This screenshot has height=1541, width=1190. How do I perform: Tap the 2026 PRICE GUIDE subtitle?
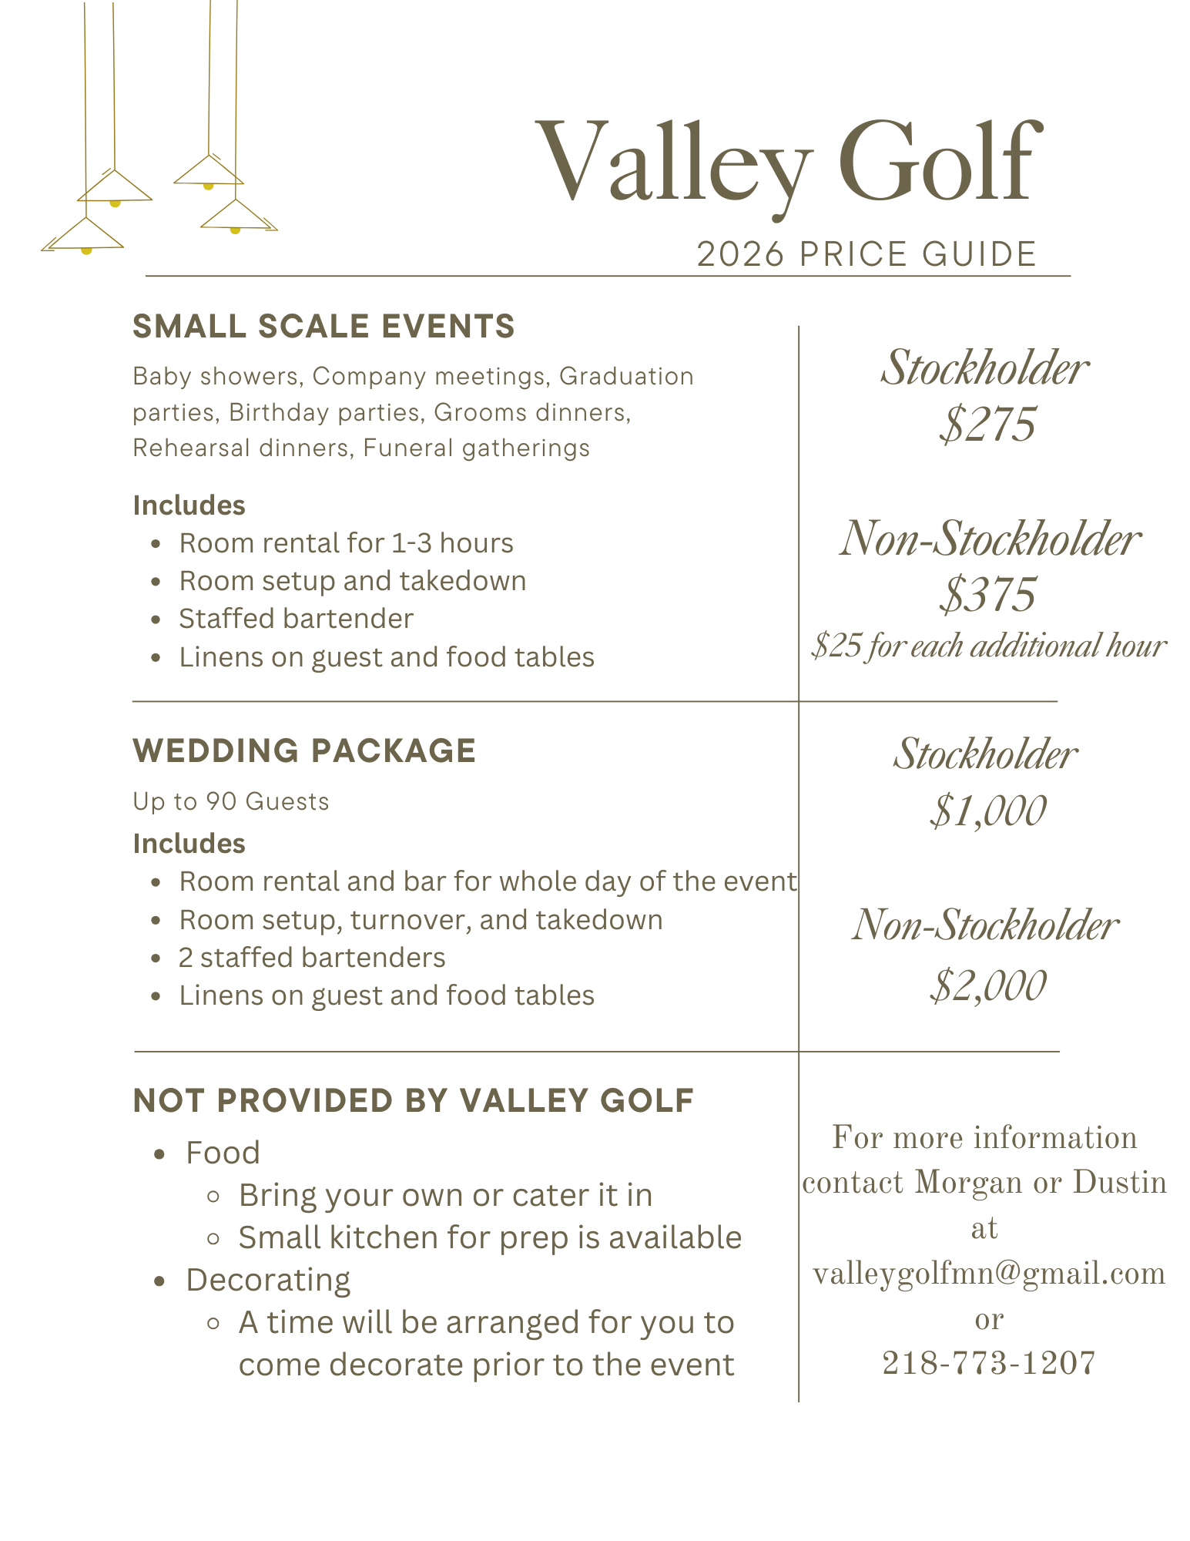(x=867, y=254)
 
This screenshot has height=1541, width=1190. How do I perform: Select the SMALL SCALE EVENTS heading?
(x=323, y=327)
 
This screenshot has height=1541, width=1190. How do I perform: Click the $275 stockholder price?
(x=987, y=425)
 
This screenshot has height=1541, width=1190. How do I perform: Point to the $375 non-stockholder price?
(x=987, y=595)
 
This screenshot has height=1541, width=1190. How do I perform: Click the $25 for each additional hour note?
(x=989, y=646)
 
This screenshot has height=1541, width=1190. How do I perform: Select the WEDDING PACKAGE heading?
(x=304, y=751)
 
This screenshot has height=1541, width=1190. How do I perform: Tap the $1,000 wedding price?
(x=987, y=811)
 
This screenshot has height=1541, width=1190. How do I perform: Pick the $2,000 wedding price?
(x=987, y=985)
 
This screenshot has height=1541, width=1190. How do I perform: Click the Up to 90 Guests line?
(x=231, y=802)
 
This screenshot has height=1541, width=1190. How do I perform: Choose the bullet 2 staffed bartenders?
(x=312, y=958)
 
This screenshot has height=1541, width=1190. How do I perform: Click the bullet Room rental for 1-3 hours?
(x=346, y=543)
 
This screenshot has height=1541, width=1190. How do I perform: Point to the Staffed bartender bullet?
(x=297, y=619)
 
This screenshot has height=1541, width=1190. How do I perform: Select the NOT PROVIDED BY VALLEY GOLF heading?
(x=414, y=1101)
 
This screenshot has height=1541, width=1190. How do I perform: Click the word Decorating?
(x=268, y=1280)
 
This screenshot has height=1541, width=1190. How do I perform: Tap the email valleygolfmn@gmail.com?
(x=989, y=1274)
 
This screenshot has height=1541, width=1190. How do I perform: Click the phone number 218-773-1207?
(x=989, y=1363)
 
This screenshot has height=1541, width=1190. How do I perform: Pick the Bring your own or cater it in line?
(x=445, y=1195)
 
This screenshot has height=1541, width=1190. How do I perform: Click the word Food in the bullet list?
(x=223, y=1153)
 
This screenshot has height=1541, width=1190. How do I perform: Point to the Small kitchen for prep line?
(x=490, y=1237)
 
